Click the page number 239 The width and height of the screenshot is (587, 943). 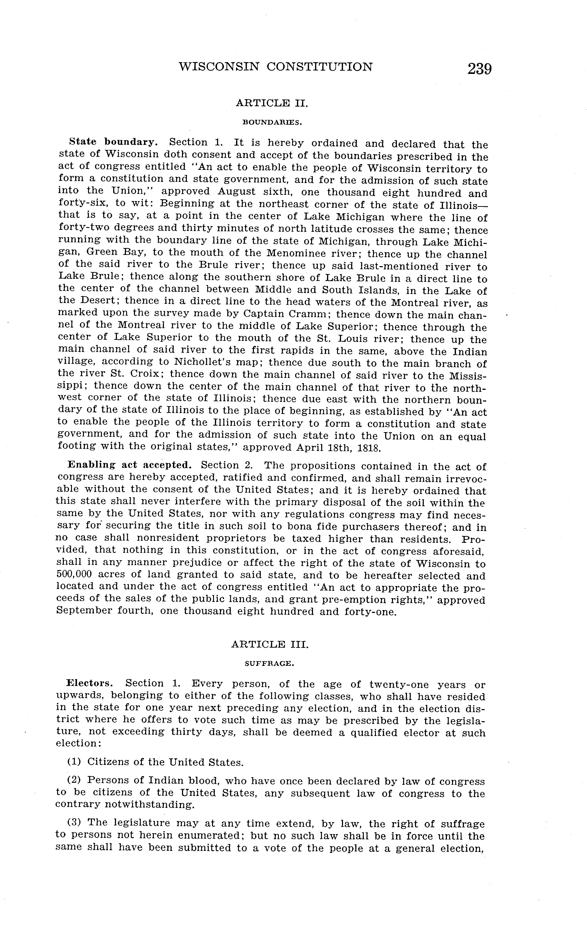[x=479, y=69]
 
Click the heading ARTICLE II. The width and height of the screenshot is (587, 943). [x=272, y=103]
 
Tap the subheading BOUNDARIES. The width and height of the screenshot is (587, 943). [x=272, y=122]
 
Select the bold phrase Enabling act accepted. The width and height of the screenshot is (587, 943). [x=130, y=465]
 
